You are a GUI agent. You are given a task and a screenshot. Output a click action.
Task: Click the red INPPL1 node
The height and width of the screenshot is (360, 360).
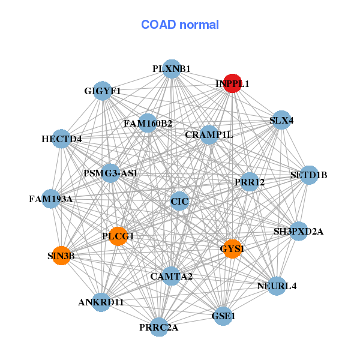[x=232, y=85]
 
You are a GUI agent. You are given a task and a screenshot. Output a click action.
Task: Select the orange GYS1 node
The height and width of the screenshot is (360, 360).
[x=232, y=248]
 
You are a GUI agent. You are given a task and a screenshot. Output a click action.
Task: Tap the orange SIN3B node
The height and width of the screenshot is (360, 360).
[x=61, y=256]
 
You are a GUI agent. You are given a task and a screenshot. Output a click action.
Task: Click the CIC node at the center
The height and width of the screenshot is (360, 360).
[x=179, y=201]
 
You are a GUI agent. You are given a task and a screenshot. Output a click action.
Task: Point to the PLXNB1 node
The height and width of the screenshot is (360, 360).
[x=172, y=69]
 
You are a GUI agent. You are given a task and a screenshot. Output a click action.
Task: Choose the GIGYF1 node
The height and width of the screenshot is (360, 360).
[x=103, y=91]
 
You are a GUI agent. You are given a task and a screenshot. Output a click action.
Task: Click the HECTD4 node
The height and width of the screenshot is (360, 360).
[x=61, y=139]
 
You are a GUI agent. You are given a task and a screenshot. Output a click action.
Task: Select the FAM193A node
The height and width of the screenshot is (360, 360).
[x=51, y=199]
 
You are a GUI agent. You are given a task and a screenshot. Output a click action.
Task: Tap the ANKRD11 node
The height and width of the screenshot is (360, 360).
[x=101, y=302]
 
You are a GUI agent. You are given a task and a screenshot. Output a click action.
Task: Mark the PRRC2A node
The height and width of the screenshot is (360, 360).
[x=159, y=327]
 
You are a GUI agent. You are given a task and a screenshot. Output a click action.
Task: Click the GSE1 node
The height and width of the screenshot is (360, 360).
[x=223, y=316]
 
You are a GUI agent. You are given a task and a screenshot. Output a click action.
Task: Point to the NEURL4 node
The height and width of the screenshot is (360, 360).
[x=277, y=286]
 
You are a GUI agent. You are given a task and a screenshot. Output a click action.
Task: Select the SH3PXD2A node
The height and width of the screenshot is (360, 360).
[x=298, y=231]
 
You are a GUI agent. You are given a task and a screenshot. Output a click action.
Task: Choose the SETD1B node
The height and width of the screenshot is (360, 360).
[x=308, y=175]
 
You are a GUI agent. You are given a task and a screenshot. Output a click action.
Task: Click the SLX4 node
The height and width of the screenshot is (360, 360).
[x=281, y=120]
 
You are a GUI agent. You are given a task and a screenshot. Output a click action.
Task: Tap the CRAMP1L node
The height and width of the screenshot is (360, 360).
[x=209, y=134]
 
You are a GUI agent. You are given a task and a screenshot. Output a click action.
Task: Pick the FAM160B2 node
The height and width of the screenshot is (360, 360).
[x=148, y=124]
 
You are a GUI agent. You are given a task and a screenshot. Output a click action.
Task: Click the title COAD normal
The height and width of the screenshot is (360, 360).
[x=180, y=25]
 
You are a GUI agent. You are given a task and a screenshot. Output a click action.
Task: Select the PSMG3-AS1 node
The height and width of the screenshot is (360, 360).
[x=111, y=173]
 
